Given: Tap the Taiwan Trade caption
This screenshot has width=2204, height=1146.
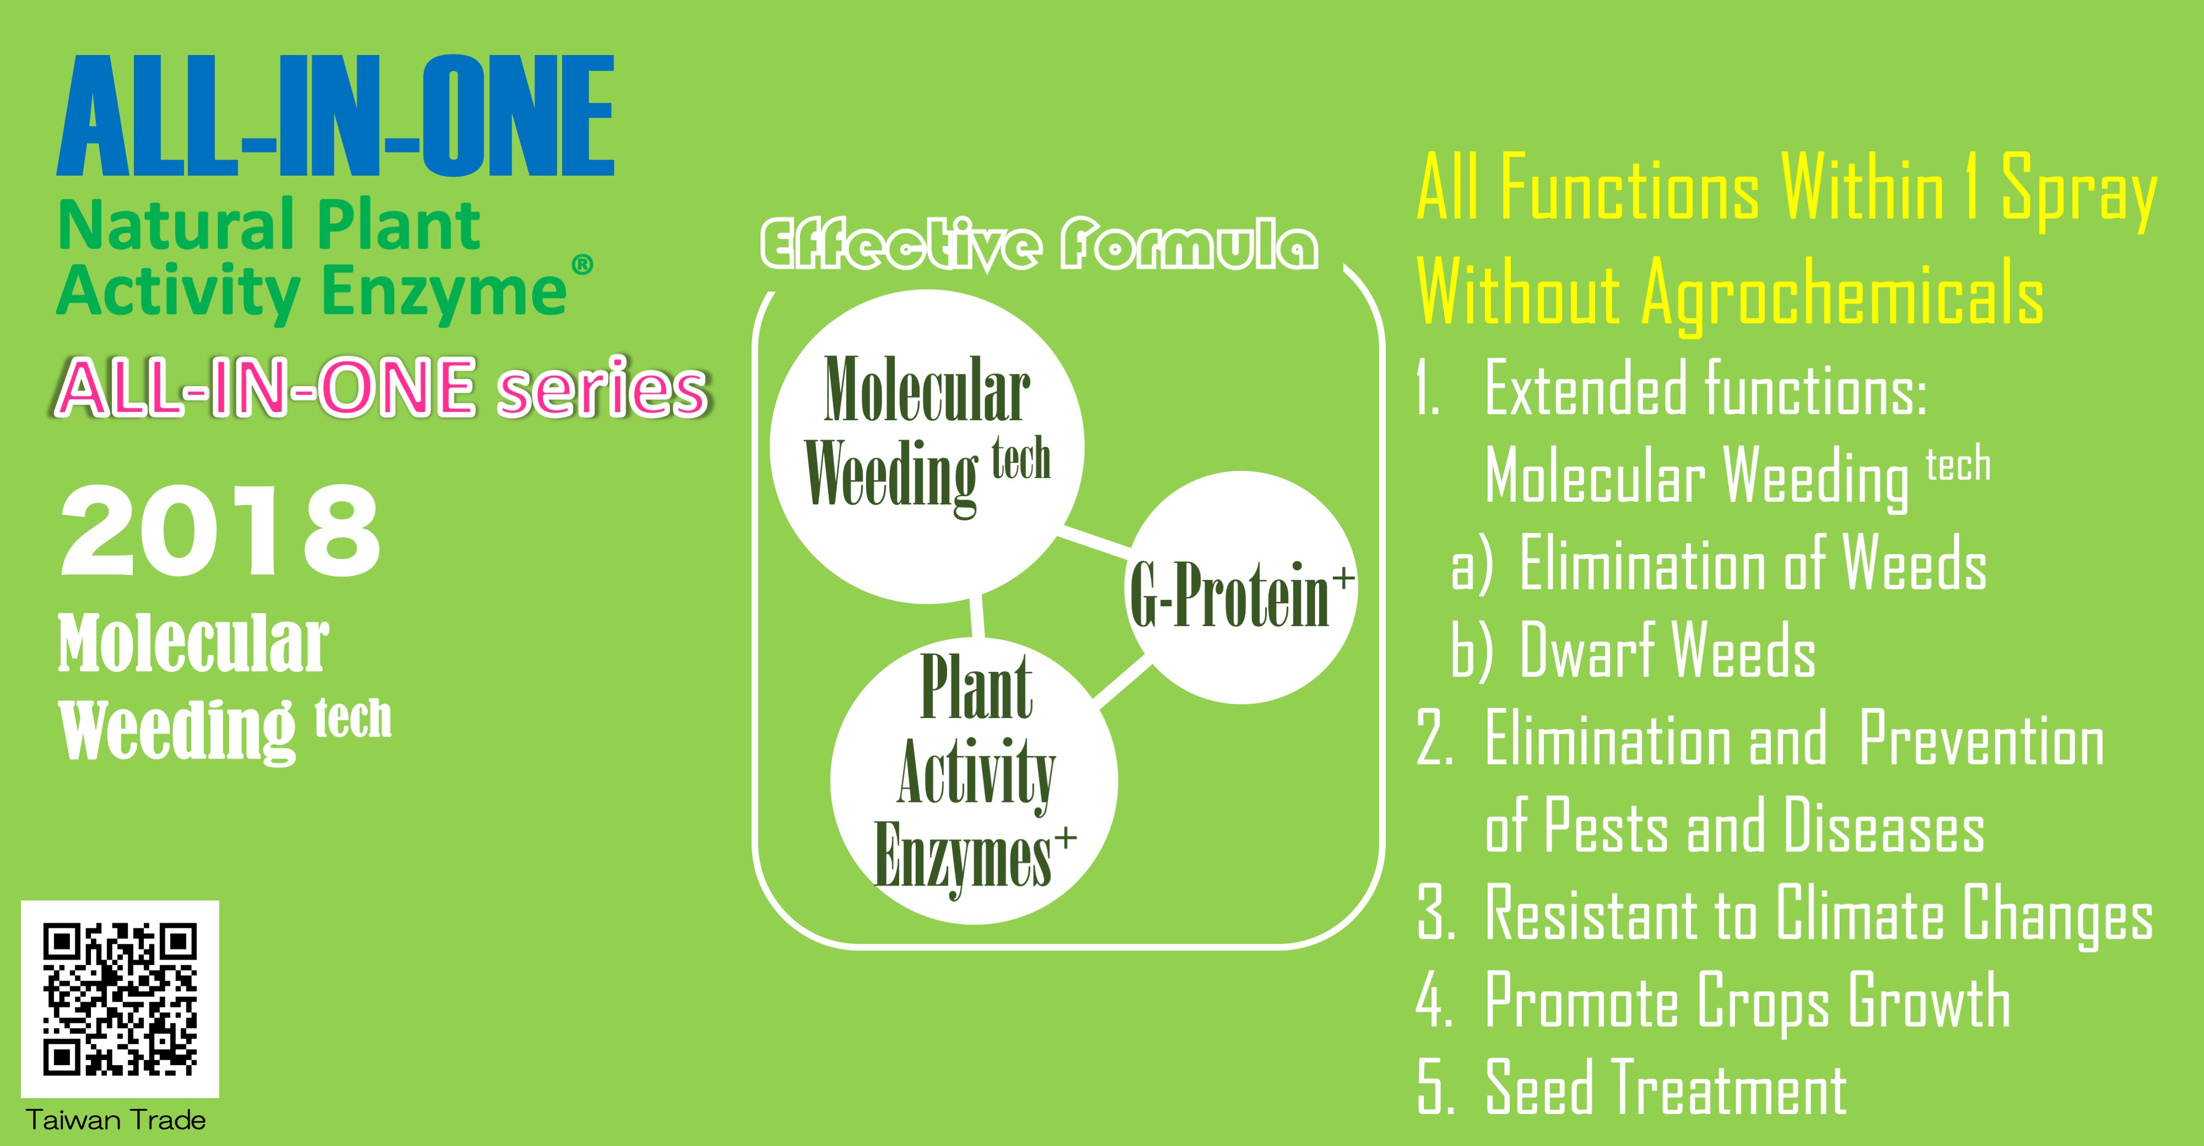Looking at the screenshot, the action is (116, 1120).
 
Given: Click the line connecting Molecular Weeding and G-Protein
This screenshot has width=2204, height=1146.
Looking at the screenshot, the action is (1095, 542).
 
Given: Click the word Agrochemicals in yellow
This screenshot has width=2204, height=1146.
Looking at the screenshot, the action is (1843, 295).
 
